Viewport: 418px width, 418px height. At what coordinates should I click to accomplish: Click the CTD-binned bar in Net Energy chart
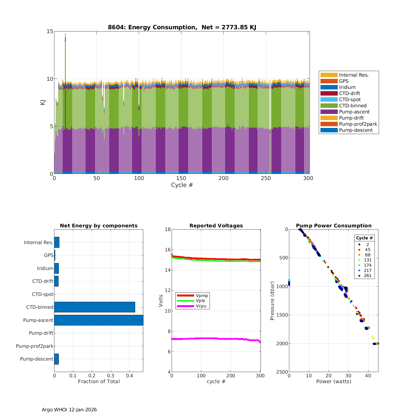[x=94, y=307]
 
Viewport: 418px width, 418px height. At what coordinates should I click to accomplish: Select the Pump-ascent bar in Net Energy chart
[x=99, y=320]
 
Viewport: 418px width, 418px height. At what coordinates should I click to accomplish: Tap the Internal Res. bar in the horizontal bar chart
[x=57, y=242]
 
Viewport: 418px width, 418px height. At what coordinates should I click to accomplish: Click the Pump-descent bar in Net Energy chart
[x=56, y=359]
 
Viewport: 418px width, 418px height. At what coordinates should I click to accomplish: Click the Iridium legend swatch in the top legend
[x=329, y=87]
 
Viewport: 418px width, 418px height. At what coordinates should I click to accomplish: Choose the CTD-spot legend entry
[x=350, y=99]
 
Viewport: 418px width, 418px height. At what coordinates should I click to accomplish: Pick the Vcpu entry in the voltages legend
[x=201, y=306]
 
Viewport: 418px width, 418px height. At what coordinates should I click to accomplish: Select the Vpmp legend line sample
[x=185, y=295]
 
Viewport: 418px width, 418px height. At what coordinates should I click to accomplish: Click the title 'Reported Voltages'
[x=216, y=226]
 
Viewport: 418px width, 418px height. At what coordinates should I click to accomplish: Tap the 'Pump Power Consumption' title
[x=334, y=226]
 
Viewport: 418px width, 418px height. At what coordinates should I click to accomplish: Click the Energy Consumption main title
[x=182, y=27]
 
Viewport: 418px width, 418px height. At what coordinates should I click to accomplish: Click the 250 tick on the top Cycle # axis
[x=266, y=178]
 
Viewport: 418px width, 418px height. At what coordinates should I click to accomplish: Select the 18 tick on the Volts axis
[x=167, y=229]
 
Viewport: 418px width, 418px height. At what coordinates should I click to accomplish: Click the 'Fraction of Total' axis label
[x=99, y=381]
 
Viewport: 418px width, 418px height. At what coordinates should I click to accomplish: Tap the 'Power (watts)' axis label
[x=334, y=381]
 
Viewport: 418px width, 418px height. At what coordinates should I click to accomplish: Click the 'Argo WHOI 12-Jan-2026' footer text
[x=69, y=410]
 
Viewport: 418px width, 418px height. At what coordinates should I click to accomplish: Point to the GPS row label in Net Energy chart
[x=48, y=255]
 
